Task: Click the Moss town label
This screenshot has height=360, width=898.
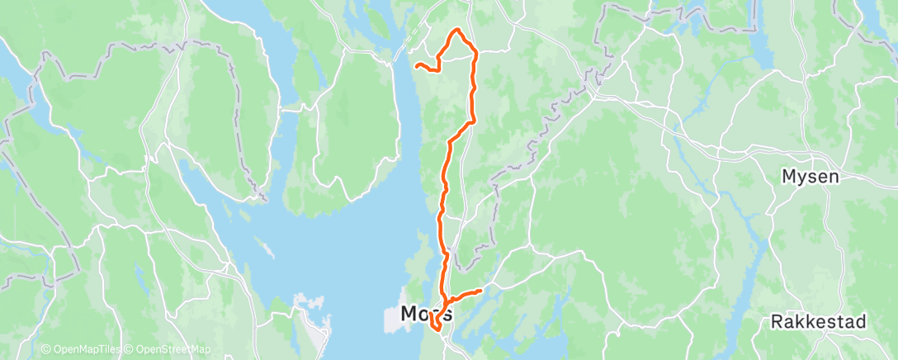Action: coord(426,314)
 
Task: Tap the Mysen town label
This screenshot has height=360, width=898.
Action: coord(811,176)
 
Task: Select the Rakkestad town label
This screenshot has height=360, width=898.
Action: coord(819,321)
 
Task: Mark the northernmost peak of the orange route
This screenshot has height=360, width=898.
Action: coord(456,31)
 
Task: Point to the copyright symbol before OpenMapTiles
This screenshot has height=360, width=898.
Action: coord(46,350)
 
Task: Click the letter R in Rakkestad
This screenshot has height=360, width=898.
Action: coord(777,321)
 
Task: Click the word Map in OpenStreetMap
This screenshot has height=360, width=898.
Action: coord(201,350)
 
